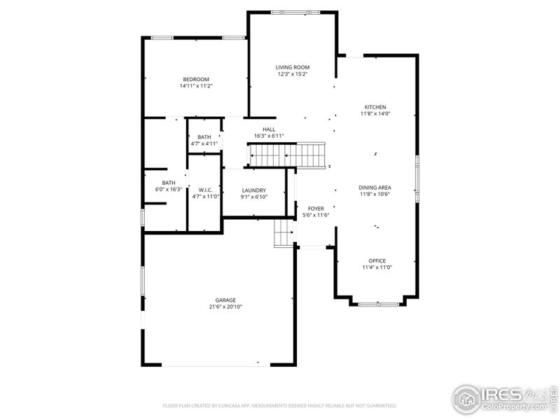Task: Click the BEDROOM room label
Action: tap(196, 79)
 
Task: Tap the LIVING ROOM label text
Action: tap(293, 67)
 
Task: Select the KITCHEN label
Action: tap(375, 106)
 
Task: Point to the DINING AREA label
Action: tap(375, 188)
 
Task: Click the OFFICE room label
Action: tap(377, 260)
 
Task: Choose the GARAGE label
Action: tap(225, 300)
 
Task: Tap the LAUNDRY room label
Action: tap(253, 190)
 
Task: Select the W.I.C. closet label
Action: tap(205, 190)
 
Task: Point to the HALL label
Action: tap(269, 129)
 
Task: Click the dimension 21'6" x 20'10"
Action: tap(225, 307)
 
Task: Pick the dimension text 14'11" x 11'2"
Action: tap(196, 86)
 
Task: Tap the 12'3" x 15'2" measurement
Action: tap(293, 74)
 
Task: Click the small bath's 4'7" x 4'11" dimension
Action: tap(204, 143)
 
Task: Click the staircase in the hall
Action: tap(288, 155)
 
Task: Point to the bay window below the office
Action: tap(378, 304)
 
